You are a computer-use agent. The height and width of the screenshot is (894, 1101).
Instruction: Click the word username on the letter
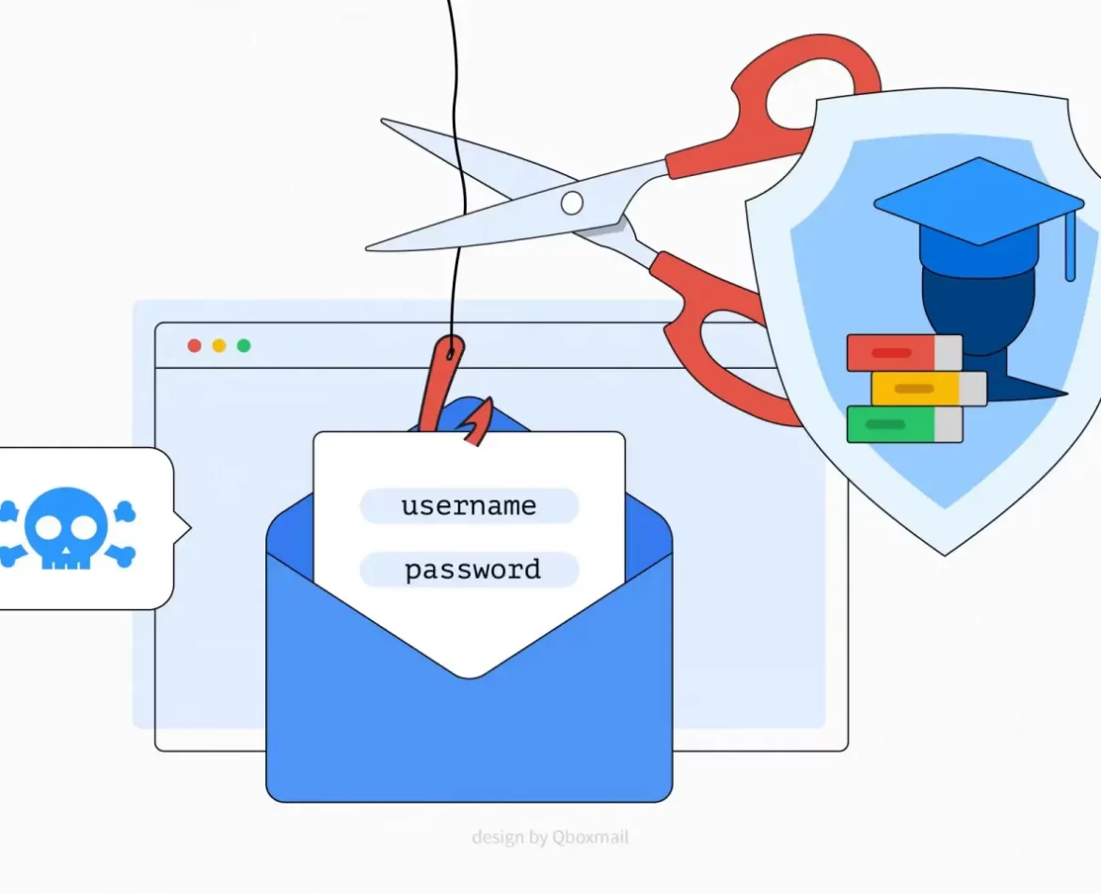pyautogui.click(x=469, y=506)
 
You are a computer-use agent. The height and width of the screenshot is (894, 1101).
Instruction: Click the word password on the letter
pyautogui.click(x=472, y=570)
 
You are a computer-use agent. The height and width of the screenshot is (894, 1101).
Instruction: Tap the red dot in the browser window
pyautogui.click(x=195, y=345)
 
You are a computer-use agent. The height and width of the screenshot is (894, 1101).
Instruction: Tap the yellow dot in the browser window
pyautogui.click(x=219, y=345)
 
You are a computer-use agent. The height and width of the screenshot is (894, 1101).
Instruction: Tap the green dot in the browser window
pyautogui.click(x=244, y=345)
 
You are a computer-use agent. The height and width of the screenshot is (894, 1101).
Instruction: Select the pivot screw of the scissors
pyautogui.click(x=571, y=201)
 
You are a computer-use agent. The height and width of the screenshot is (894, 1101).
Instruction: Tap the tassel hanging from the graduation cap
pyautogui.click(x=1070, y=249)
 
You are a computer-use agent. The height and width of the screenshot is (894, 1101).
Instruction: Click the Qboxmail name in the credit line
pyautogui.click(x=591, y=837)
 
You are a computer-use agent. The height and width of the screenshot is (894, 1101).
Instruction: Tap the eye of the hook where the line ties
pyautogui.click(x=452, y=353)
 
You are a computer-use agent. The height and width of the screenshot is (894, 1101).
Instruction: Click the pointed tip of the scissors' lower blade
pyautogui.click(x=370, y=247)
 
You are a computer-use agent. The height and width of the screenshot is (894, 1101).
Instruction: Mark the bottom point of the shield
pyautogui.click(x=946, y=553)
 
